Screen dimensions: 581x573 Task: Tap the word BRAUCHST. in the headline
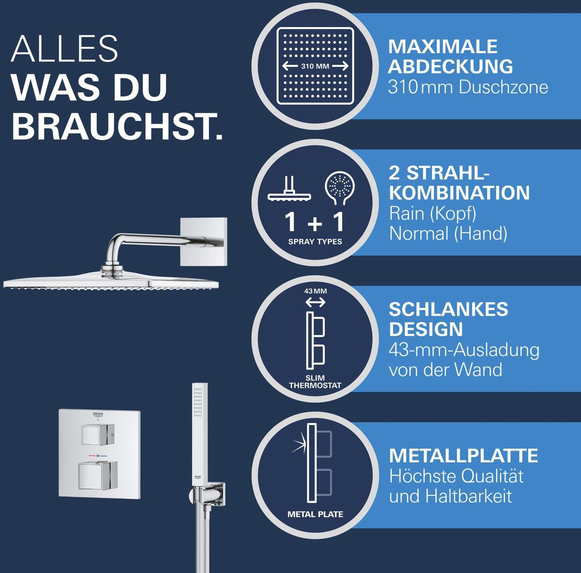[117, 126]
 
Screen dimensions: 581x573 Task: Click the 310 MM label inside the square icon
[315, 66]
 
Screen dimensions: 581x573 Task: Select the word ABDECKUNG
[450, 66]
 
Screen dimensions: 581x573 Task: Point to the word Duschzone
[503, 88]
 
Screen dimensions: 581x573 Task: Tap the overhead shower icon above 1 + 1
[290, 189]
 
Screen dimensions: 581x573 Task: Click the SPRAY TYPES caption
[315, 242]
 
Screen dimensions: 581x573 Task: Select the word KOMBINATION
[459, 193]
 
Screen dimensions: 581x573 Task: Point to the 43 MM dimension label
[315, 291]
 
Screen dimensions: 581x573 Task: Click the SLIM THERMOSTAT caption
[315, 382]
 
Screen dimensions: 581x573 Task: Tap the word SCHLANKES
[448, 309]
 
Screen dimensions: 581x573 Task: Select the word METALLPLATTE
[463, 455]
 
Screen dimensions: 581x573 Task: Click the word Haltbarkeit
[469, 497]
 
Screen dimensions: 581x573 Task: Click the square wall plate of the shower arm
[203, 242]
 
